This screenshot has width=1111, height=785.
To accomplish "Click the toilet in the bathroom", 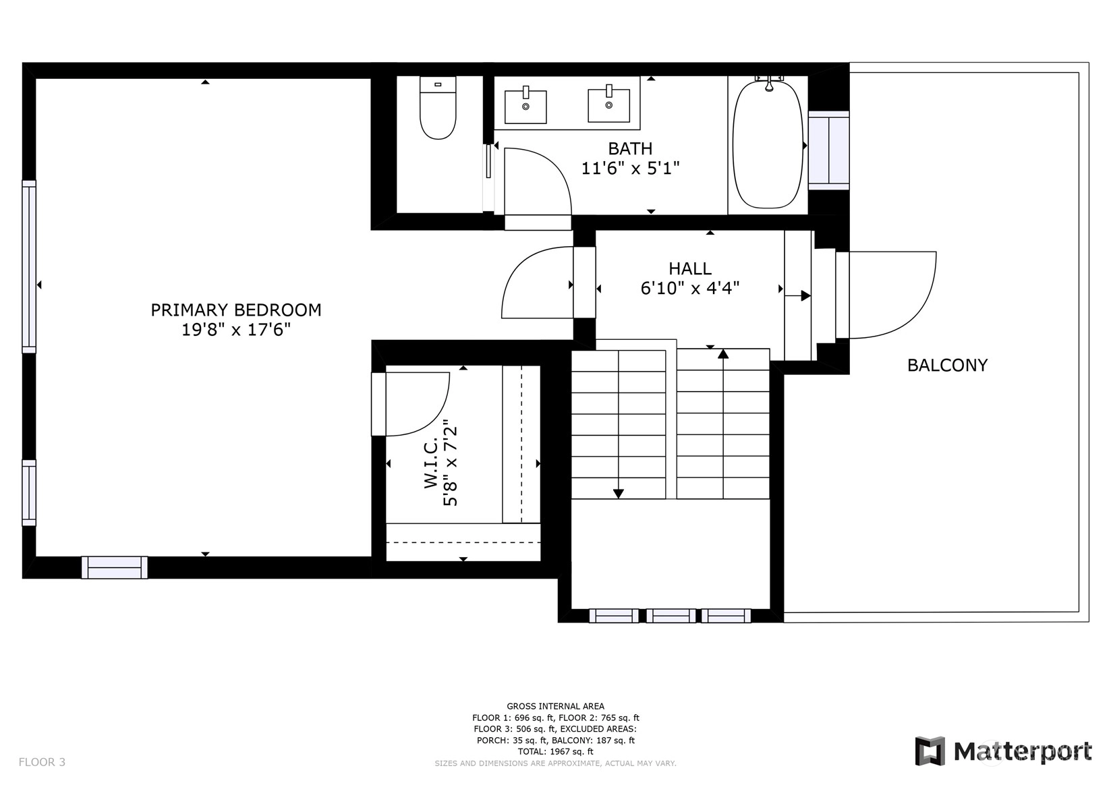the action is coord(438,108).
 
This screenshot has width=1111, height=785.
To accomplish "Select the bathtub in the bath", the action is coord(768,144).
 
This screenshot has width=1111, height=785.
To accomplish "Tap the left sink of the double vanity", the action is coord(525,106).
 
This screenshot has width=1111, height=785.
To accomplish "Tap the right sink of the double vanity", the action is coord(608,105).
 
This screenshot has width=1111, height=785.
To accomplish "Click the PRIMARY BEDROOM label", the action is coord(236,310).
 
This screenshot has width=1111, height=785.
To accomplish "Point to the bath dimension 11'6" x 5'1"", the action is coord(630,169).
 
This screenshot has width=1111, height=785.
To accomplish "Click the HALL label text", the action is coord(690,268).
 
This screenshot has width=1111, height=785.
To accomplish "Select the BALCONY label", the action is coord(947,366).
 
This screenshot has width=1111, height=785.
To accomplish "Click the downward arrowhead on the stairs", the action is coord(618,494).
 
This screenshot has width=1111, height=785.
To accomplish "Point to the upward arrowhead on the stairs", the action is coord(723,353).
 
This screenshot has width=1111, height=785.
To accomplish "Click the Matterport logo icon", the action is coord(930,751).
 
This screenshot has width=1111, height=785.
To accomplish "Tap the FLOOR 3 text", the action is coord(42,762).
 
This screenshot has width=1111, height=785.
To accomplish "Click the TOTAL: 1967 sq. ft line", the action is coord(556,751).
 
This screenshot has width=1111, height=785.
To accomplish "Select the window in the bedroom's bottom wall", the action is coord(115,567).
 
